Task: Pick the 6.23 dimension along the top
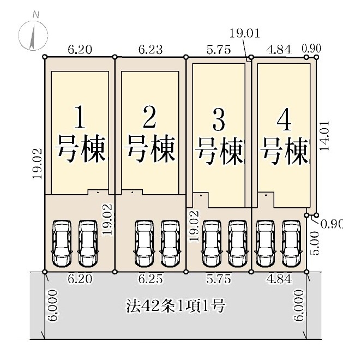tap(150, 50)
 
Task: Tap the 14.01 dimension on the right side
tap(326, 135)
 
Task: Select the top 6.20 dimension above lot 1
tap(80, 50)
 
